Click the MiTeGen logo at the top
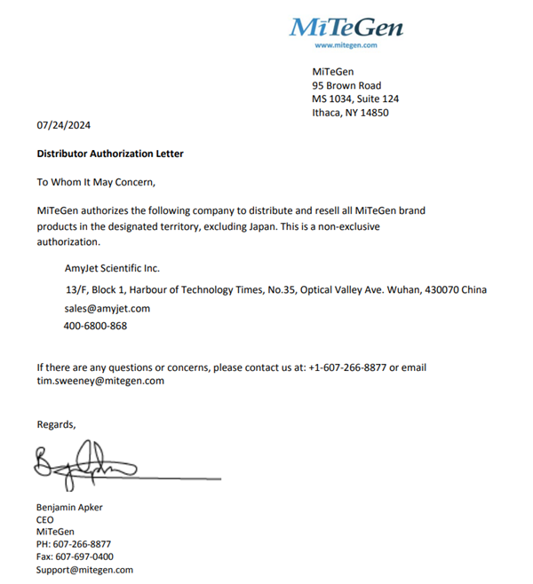(346, 27)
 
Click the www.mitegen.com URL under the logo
(346, 45)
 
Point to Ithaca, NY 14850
(350, 113)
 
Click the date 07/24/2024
(64, 126)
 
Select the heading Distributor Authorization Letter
(110, 154)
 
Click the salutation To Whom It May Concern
(96, 182)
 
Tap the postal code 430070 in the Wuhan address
(442, 289)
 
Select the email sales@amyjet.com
(107, 309)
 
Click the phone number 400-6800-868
(95, 326)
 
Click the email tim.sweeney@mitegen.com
(100, 381)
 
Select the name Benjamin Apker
(69, 508)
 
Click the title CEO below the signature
(45, 520)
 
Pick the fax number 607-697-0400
(84, 557)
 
